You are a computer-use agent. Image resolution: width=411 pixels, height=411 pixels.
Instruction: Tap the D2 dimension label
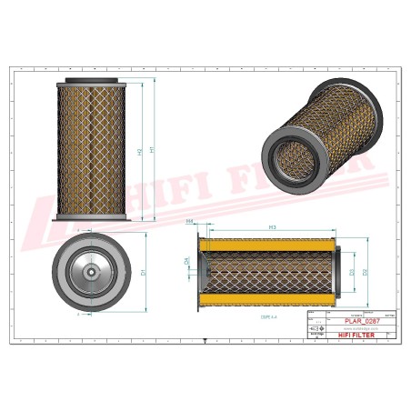click(x=366, y=270)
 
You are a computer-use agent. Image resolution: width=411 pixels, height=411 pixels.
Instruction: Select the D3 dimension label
click(x=352, y=270)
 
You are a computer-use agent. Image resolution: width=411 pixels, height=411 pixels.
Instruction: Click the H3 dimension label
click(x=272, y=225)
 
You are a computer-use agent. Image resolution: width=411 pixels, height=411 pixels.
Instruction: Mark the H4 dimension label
click(x=189, y=221)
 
